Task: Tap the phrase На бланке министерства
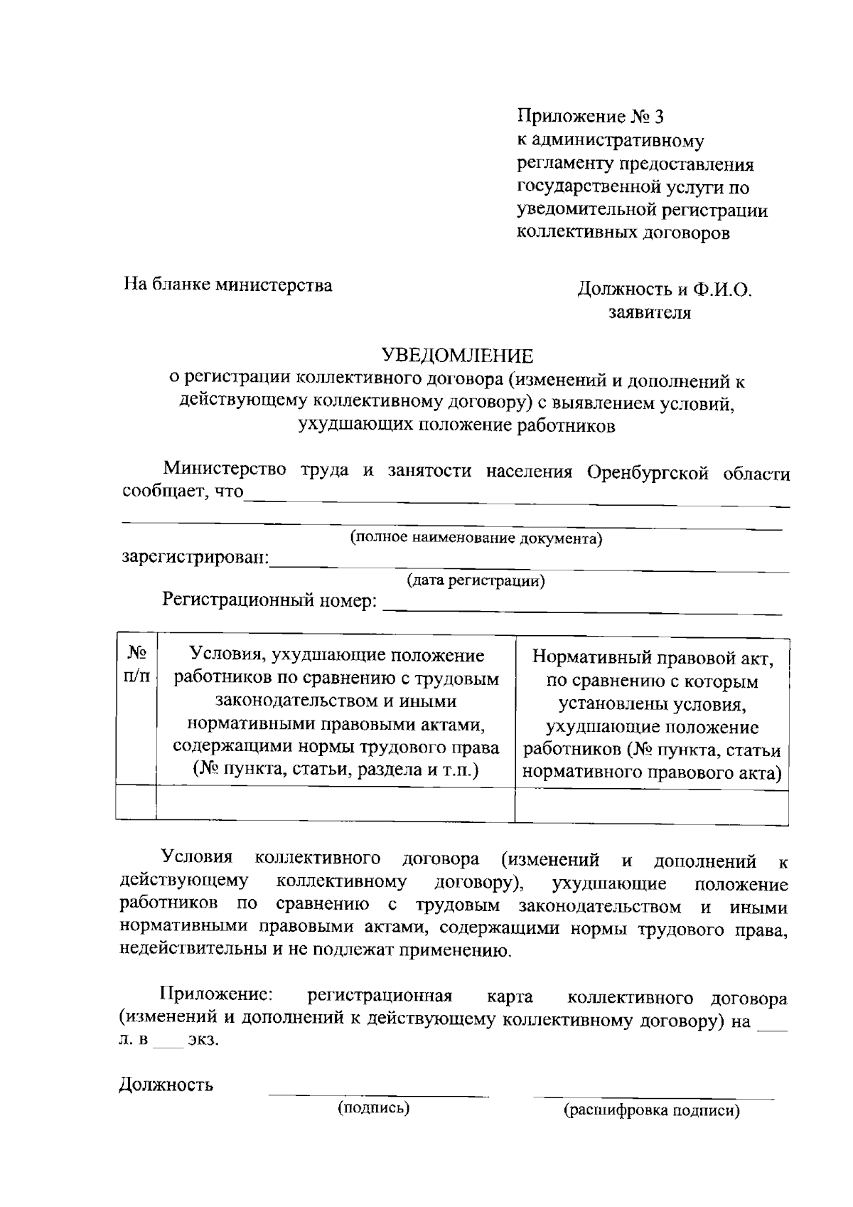click(228, 285)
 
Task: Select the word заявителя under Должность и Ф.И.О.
click(650, 312)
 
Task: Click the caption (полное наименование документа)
click(476, 538)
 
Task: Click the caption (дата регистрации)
click(476, 581)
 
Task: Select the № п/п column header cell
click(136, 664)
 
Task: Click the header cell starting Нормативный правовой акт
click(652, 715)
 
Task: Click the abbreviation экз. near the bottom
click(204, 1040)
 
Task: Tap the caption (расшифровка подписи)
click(652, 1110)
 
